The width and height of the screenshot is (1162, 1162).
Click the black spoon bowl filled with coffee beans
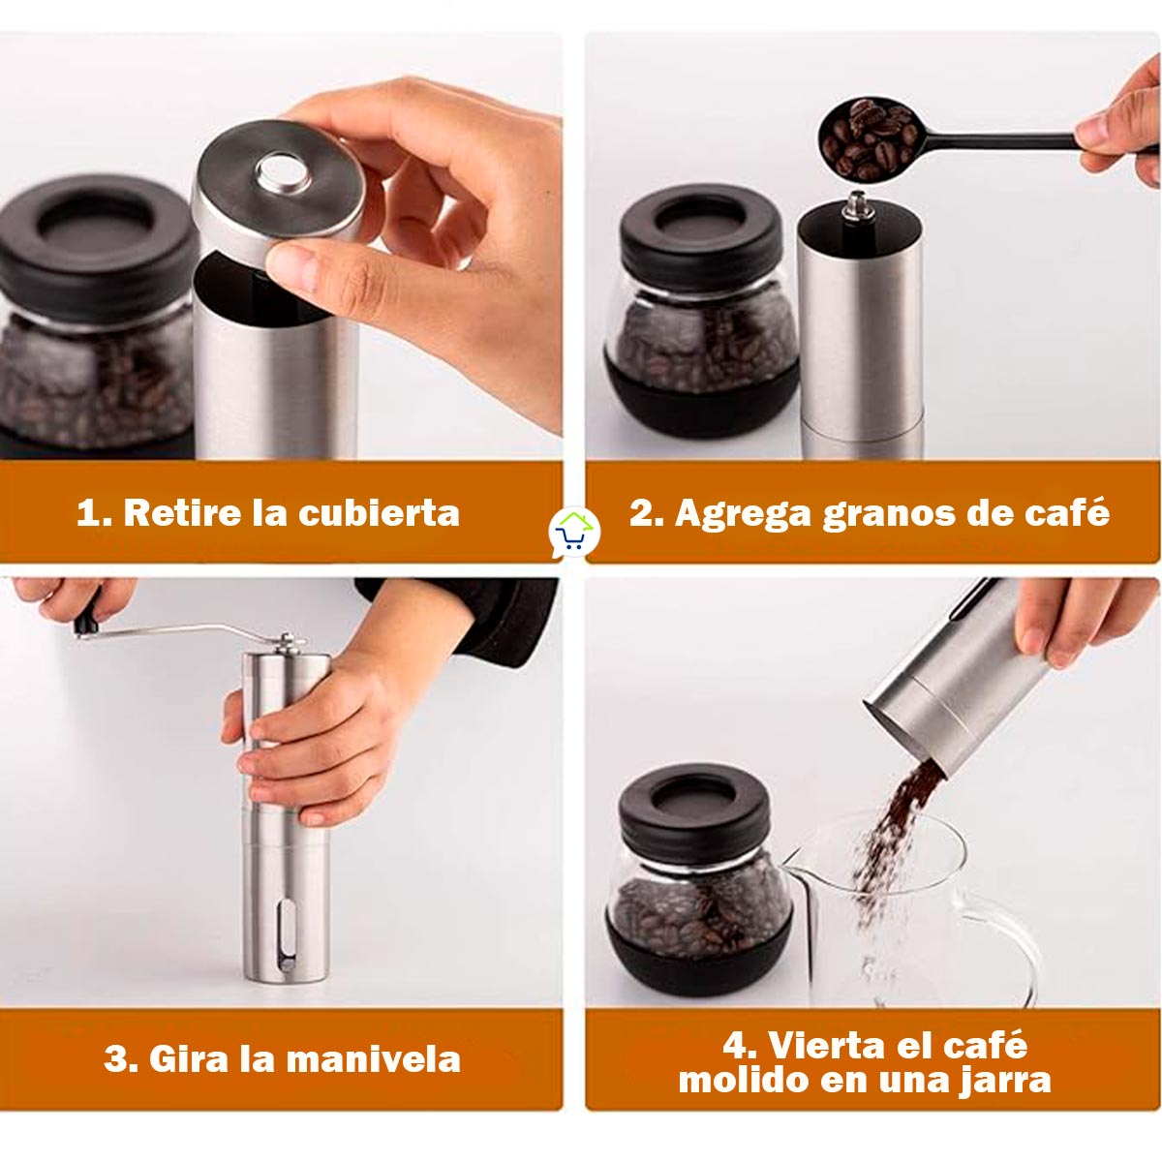(868, 139)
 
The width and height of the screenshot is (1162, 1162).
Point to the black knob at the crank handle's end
(86, 625)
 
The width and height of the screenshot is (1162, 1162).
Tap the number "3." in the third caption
(121, 1058)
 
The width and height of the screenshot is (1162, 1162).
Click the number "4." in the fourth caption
(740, 1045)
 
